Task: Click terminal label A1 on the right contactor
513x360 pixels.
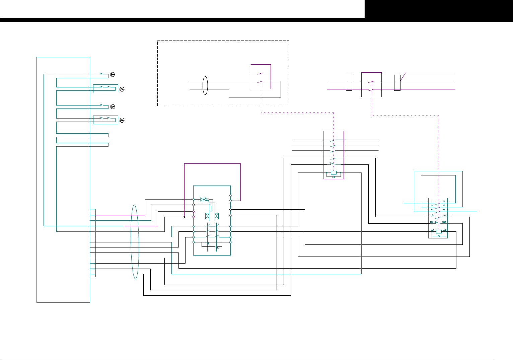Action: pyautogui.click(x=432, y=230)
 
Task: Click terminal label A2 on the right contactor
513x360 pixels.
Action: pyautogui.click(x=445, y=230)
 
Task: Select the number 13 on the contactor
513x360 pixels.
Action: pyautogui.click(x=432, y=215)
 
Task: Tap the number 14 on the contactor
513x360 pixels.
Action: pyautogui.click(x=444, y=215)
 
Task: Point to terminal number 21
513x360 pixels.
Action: pyautogui.click(x=432, y=222)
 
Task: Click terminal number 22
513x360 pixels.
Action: pyautogui.click(x=444, y=222)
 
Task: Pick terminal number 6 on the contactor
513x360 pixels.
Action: pyautogui.click(x=444, y=209)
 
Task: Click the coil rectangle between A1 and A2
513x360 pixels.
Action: pyautogui.click(x=439, y=231)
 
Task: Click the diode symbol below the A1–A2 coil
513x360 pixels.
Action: pyautogui.click(x=439, y=236)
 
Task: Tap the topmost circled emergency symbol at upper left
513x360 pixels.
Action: pyautogui.click(x=113, y=74)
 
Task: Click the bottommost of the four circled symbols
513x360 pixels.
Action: pyautogui.click(x=122, y=120)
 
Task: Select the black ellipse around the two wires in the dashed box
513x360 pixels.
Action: pyautogui.click(x=205, y=85)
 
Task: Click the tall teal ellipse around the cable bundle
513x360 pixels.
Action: pyautogui.click(x=135, y=242)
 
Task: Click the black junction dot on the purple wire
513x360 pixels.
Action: pyautogui.click(x=184, y=217)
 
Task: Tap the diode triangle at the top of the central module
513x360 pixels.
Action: pyautogui.click(x=202, y=199)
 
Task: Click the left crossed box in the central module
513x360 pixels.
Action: pyautogui.click(x=207, y=216)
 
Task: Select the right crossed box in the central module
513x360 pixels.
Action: pyautogui.click(x=217, y=216)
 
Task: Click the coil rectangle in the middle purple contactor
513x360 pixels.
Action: pyautogui.click(x=334, y=172)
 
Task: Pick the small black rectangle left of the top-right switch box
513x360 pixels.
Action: pyautogui.click(x=349, y=83)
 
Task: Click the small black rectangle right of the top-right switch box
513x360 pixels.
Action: pyautogui.click(x=397, y=83)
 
